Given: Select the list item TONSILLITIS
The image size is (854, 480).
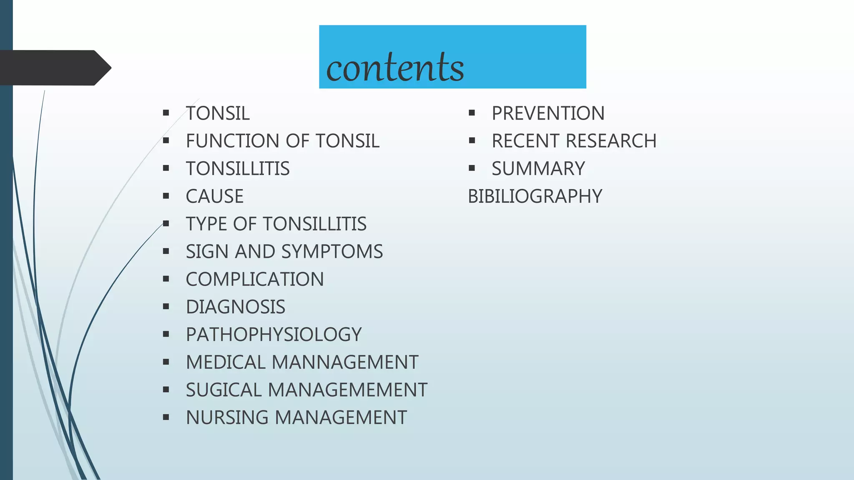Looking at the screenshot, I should click(238, 169).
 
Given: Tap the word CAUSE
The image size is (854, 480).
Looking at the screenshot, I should click(215, 196).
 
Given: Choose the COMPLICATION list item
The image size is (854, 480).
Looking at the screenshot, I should click(255, 279).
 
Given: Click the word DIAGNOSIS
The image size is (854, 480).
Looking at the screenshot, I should click(236, 307).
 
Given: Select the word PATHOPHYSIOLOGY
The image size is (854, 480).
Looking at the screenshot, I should click(274, 335).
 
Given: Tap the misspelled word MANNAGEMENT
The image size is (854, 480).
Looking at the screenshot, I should click(345, 362).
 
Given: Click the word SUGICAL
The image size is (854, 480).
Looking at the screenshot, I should click(224, 390).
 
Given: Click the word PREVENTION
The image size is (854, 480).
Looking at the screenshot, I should click(548, 113).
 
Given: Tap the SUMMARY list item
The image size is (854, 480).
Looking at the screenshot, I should click(538, 169).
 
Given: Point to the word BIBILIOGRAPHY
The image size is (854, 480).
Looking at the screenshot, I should click(535, 196).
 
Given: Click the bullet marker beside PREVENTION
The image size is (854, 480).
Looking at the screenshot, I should click(472, 113).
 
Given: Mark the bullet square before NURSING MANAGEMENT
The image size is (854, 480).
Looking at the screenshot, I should click(166, 417).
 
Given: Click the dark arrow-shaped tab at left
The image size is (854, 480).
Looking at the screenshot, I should click(54, 68).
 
